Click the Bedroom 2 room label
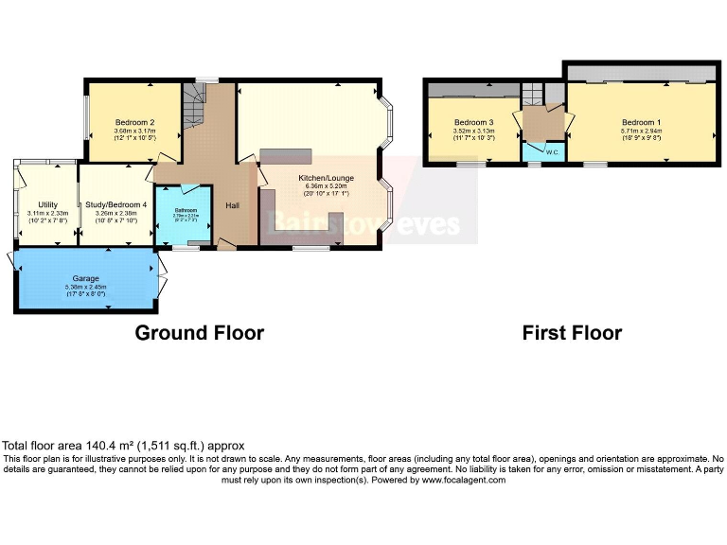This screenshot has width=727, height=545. (134, 122)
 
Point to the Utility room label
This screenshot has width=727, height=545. (47, 204)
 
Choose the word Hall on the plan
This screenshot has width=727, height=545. (233, 205)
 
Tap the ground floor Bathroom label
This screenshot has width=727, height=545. (185, 210)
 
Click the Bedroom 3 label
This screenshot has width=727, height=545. (473, 123)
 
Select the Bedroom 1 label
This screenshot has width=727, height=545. (641, 123)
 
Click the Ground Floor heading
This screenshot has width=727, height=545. (199, 332)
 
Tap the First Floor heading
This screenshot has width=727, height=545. (572, 332)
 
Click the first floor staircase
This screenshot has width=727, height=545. (533, 93)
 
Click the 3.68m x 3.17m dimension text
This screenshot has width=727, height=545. (134, 132)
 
